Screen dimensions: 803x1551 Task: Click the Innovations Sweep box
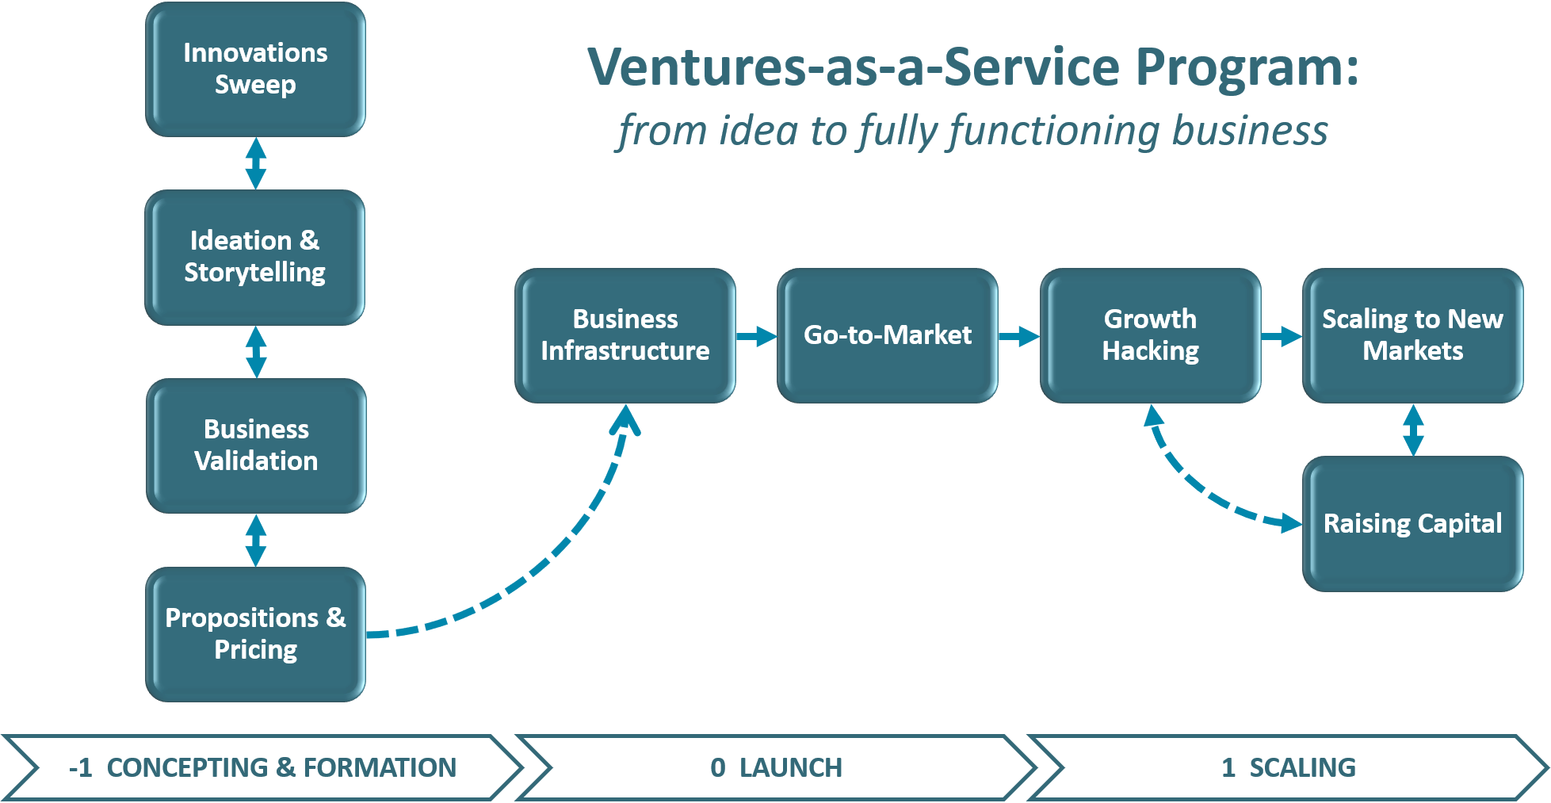255,69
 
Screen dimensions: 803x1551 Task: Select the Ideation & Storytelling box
255,257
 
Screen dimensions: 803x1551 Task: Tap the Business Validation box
256,445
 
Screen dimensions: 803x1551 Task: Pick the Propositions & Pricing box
255,634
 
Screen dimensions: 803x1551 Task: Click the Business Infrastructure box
625,335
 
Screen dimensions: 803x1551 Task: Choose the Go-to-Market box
888,335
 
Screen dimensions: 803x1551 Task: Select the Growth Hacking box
1150,335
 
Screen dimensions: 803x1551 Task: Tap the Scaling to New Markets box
1412,335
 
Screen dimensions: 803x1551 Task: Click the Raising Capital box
1412,524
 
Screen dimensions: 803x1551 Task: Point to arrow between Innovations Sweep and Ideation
255,163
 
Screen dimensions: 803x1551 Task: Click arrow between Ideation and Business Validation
256,352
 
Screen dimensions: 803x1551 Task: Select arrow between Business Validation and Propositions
255,541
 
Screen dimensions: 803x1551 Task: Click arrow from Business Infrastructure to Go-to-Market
756,336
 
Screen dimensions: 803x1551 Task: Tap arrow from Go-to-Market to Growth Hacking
1018,337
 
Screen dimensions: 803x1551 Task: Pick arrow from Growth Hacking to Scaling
1281,337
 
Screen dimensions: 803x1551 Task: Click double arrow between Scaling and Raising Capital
1413,430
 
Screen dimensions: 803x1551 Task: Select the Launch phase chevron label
776,767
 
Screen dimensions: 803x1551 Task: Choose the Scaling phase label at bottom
1289,767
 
